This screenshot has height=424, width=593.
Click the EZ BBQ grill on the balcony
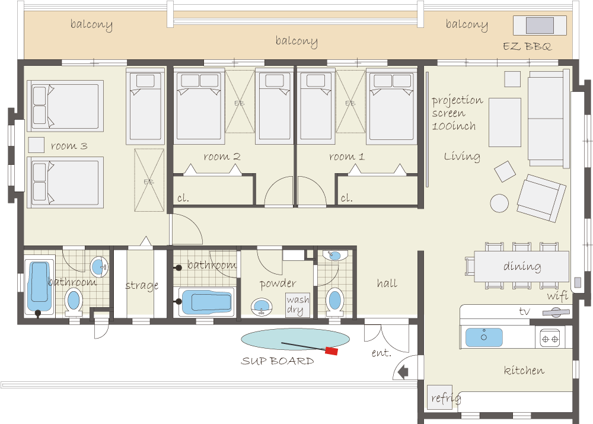pos(540,25)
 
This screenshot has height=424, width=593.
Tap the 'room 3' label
pos(69,146)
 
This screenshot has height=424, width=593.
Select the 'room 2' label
pos(222,156)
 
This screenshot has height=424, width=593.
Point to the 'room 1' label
pos(347,156)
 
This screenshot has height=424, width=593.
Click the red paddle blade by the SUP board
pos(331,351)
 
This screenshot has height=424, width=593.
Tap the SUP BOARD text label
pos(278,361)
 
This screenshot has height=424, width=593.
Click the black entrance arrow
pos(403,372)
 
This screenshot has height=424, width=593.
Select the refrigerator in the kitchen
pos(439,397)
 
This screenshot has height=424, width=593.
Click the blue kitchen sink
pos(484,337)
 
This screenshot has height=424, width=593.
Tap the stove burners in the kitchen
pos(550,338)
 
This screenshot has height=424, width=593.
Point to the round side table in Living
pos(499,203)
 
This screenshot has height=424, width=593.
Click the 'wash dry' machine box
pos(298,305)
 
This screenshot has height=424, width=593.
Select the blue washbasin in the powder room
pos(262,305)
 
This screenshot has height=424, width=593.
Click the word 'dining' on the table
pos(522,266)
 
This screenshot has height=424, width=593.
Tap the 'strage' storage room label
pos(142,285)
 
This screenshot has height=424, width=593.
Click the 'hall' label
pos(387,283)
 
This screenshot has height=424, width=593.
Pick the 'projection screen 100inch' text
pos(457,113)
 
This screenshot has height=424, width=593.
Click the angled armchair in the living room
pos(541,198)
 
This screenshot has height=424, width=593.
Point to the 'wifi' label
pos(557,296)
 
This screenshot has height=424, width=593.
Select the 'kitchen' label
pos(524,370)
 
